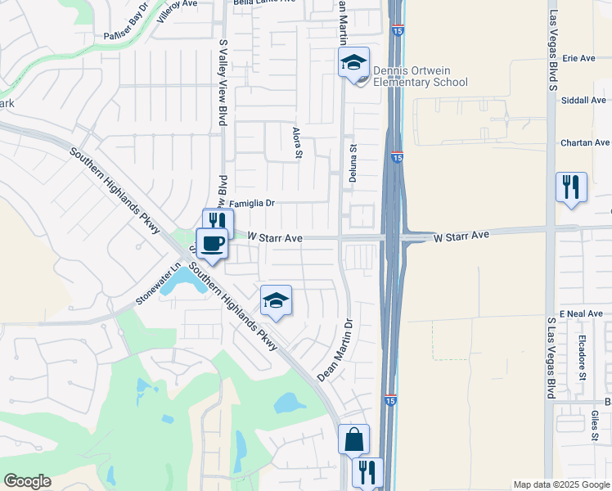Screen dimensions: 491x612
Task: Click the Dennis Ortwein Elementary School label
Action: [x=420, y=76]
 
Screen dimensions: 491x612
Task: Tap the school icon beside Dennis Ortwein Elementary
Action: [x=353, y=62]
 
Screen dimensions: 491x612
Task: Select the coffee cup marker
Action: [x=213, y=243]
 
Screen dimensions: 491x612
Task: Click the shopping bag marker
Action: [x=353, y=439]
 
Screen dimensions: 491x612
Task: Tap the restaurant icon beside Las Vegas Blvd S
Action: [x=570, y=187]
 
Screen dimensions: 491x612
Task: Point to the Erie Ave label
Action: [x=578, y=59]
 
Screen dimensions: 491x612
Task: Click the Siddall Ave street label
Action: [x=583, y=101]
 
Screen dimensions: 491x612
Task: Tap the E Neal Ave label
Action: [x=581, y=314]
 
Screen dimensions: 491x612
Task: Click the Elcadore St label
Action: [x=583, y=356]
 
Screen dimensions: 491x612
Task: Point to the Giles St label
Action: [x=594, y=428]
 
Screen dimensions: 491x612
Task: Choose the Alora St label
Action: [x=297, y=143]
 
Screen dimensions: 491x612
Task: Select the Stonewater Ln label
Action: [x=158, y=282]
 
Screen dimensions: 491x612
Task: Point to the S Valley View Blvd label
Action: [x=222, y=82]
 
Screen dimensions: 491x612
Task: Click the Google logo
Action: [x=27, y=481]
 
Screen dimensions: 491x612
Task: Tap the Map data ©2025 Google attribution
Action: [x=561, y=484]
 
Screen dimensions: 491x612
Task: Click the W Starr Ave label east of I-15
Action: [x=461, y=236]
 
